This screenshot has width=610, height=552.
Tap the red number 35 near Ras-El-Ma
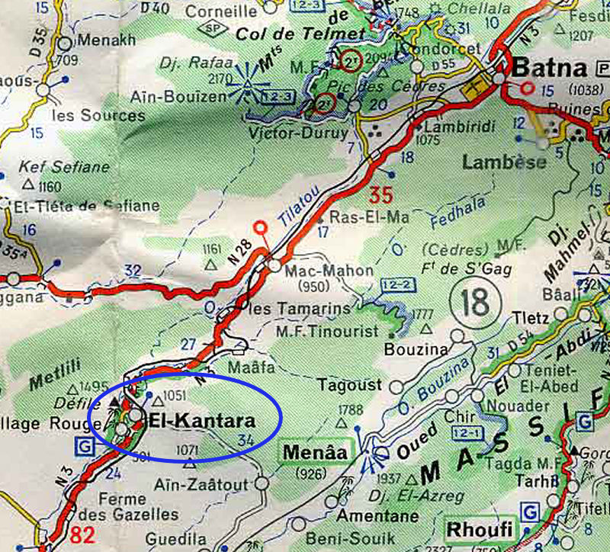pyautogui.click(x=381, y=194)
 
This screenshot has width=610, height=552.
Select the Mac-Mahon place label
pyautogui.click(x=317, y=271)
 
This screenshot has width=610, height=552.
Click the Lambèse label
pyautogui.click(x=504, y=162)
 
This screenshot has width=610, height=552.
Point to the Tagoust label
pyautogui.click(x=349, y=386)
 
